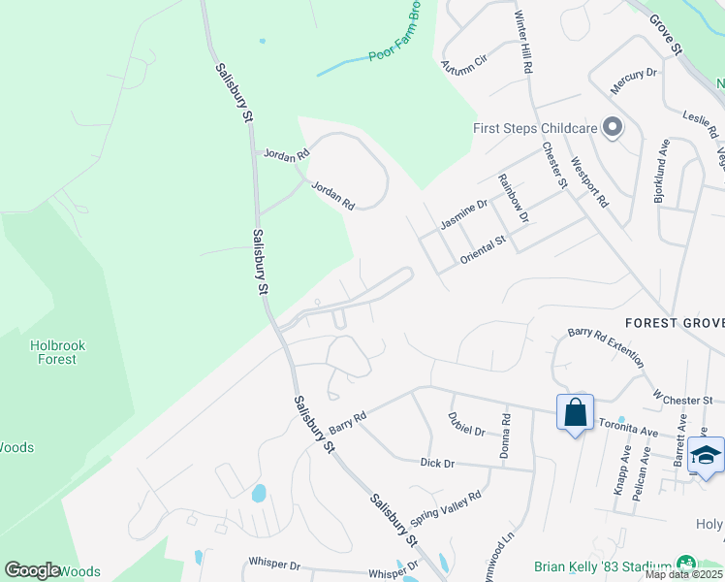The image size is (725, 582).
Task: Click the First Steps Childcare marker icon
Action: tap(612, 128)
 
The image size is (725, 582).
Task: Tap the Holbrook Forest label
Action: tap(53, 351)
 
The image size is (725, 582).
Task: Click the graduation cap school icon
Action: tap(707, 454)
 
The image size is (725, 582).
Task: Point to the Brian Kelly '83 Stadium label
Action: tap(603, 566)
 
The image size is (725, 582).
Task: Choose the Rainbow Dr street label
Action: tap(512, 196)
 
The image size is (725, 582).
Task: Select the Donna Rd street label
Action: tap(505, 436)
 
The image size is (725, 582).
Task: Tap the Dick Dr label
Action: tap(437, 464)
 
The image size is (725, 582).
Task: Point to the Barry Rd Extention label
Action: tap(606, 345)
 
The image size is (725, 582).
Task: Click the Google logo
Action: tap(32, 570)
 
